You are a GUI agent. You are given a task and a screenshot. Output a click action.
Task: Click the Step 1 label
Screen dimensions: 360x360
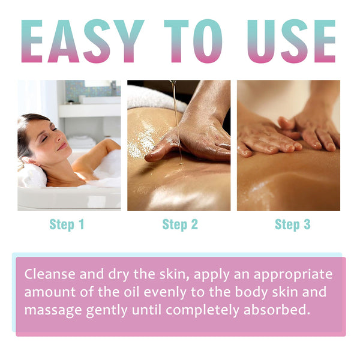click(x=67, y=225)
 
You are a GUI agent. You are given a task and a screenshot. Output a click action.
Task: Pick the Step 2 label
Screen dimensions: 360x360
click(x=179, y=225)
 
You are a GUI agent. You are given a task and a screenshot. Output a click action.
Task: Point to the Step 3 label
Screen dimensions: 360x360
click(x=292, y=225)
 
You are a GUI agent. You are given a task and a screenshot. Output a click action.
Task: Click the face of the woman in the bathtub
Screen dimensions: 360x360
click(x=48, y=141)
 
